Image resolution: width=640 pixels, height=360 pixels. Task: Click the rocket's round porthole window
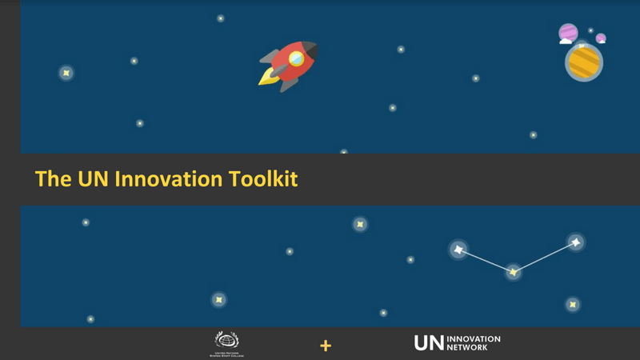coord(296,58)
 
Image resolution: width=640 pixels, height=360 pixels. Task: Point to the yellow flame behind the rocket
coord(266,77)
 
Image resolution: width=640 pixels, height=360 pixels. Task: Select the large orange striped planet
coord(584,62)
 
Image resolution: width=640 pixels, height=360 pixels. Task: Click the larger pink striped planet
coord(568,32)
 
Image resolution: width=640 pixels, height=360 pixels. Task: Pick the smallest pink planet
coord(601,38)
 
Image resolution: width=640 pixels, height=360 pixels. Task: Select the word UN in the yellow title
coord(94,178)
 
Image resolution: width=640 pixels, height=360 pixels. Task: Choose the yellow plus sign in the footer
coord(326,346)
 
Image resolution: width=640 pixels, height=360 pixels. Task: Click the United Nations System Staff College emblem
coord(226,341)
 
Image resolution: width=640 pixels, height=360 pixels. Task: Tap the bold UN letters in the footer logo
coord(427,343)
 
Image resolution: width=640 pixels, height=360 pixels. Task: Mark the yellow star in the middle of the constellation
coord(513,273)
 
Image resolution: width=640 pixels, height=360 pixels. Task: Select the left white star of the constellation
coord(458,250)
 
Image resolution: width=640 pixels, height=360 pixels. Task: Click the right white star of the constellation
coord(575,242)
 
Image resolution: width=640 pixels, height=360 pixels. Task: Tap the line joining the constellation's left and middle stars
coord(486,262)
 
